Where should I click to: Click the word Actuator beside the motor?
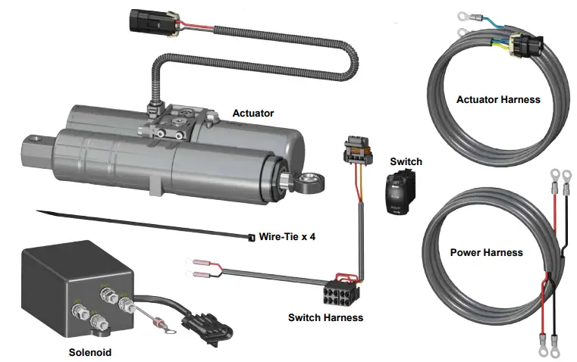coord(252,114)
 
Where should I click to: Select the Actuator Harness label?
coord(498,99)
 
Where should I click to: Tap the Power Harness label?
coord(486,252)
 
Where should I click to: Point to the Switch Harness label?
coord(325,317)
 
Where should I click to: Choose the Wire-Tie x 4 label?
coord(287,236)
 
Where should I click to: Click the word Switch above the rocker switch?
coord(406,161)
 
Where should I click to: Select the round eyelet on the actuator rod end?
coord(307,182)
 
